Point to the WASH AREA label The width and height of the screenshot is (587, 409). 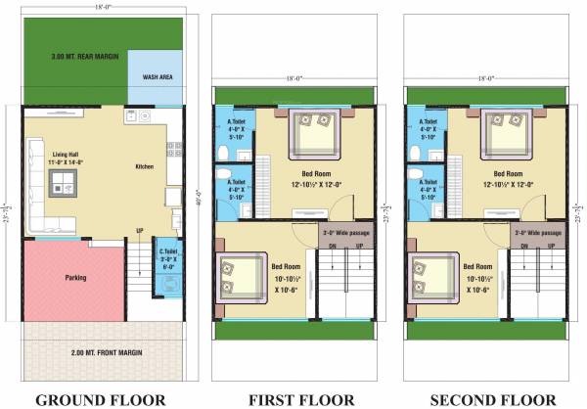coord(158,75)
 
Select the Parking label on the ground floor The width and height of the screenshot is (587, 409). coord(74,278)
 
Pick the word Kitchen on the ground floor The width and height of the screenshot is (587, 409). coord(144,167)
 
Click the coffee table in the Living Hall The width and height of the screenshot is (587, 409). coord(66,182)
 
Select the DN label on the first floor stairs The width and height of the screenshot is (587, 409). coord(333,248)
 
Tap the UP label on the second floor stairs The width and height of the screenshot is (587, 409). coord(551,248)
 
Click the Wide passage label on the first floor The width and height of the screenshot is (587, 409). coord(346,234)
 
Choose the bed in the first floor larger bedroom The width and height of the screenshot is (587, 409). coord(313,133)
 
